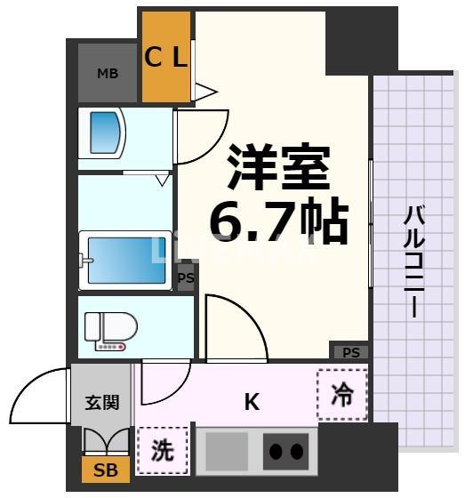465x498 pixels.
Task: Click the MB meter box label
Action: pyautogui.click(x=108, y=73)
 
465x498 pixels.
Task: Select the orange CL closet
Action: pyautogui.click(x=166, y=59)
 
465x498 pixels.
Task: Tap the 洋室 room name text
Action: pyautogui.click(x=278, y=167)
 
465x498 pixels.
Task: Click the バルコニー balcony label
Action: pyautogui.click(x=413, y=262)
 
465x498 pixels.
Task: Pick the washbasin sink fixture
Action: pyautogui.click(x=106, y=133)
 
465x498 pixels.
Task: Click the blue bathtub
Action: pyautogui.click(x=124, y=260)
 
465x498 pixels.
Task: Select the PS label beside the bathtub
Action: pyautogui.click(x=186, y=278)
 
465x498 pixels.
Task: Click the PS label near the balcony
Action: pyautogui.click(x=350, y=351)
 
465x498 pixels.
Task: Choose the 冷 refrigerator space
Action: pyautogui.click(x=342, y=393)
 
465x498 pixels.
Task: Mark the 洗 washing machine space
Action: pyautogui.click(x=163, y=450)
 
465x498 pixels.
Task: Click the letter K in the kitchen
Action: pyautogui.click(x=253, y=402)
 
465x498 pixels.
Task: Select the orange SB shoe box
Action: pyautogui.click(x=105, y=468)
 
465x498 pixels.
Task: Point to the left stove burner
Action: pyautogui.click(x=276, y=452)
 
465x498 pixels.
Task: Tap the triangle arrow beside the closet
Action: pyautogui.click(x=205, y=90)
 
